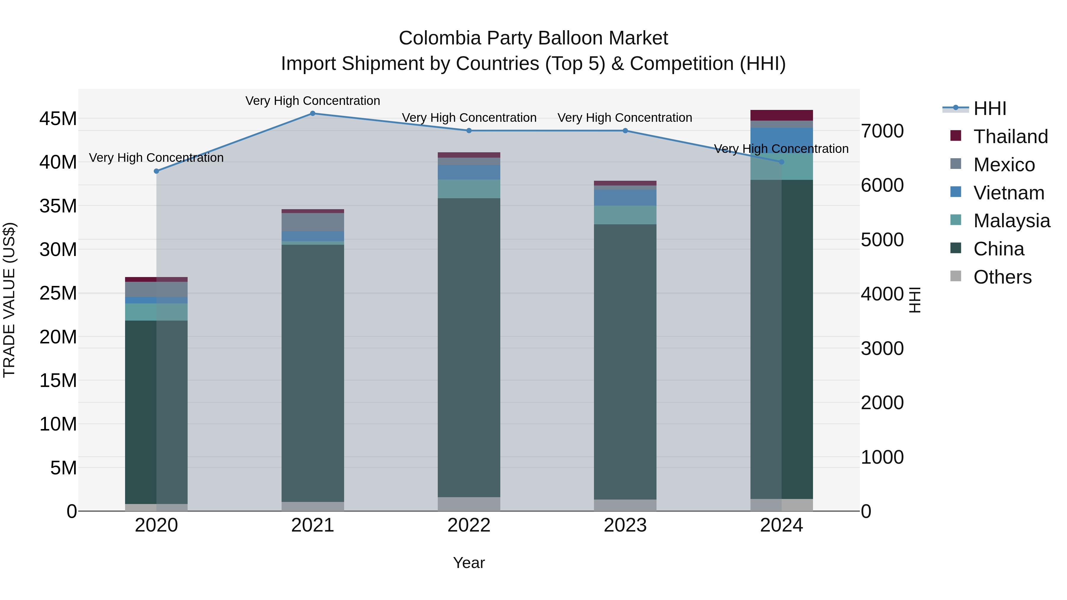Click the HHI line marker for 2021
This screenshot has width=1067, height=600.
coord(313,113)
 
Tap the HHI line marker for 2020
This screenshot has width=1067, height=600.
coord(156,171)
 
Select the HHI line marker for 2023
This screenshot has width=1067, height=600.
coord(625,131)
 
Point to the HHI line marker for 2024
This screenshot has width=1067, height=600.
coord(782,162)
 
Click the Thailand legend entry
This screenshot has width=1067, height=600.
coord(1010,137)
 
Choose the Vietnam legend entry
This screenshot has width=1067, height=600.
coord(1009,193)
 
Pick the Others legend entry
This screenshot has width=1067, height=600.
coord(1002,277)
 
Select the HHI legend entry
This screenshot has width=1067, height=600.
coord(990,108)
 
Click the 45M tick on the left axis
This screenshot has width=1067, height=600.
coord(58,119)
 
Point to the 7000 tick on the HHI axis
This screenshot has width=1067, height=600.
coord(882,131)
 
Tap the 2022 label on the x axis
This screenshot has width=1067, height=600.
coord(469,525)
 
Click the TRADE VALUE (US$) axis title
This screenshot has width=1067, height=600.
coord(9,300)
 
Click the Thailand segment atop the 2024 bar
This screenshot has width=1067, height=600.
coord(782,115)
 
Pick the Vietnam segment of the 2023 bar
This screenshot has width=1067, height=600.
coord(625,198)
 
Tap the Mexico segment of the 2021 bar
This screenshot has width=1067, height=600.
coord(313,222)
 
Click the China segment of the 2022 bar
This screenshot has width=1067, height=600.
coord(469,348)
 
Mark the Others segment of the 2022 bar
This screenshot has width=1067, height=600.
coord(469,504)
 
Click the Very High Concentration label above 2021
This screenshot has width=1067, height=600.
coord(313,101)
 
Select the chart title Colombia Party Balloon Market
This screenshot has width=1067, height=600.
coord(533,38)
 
